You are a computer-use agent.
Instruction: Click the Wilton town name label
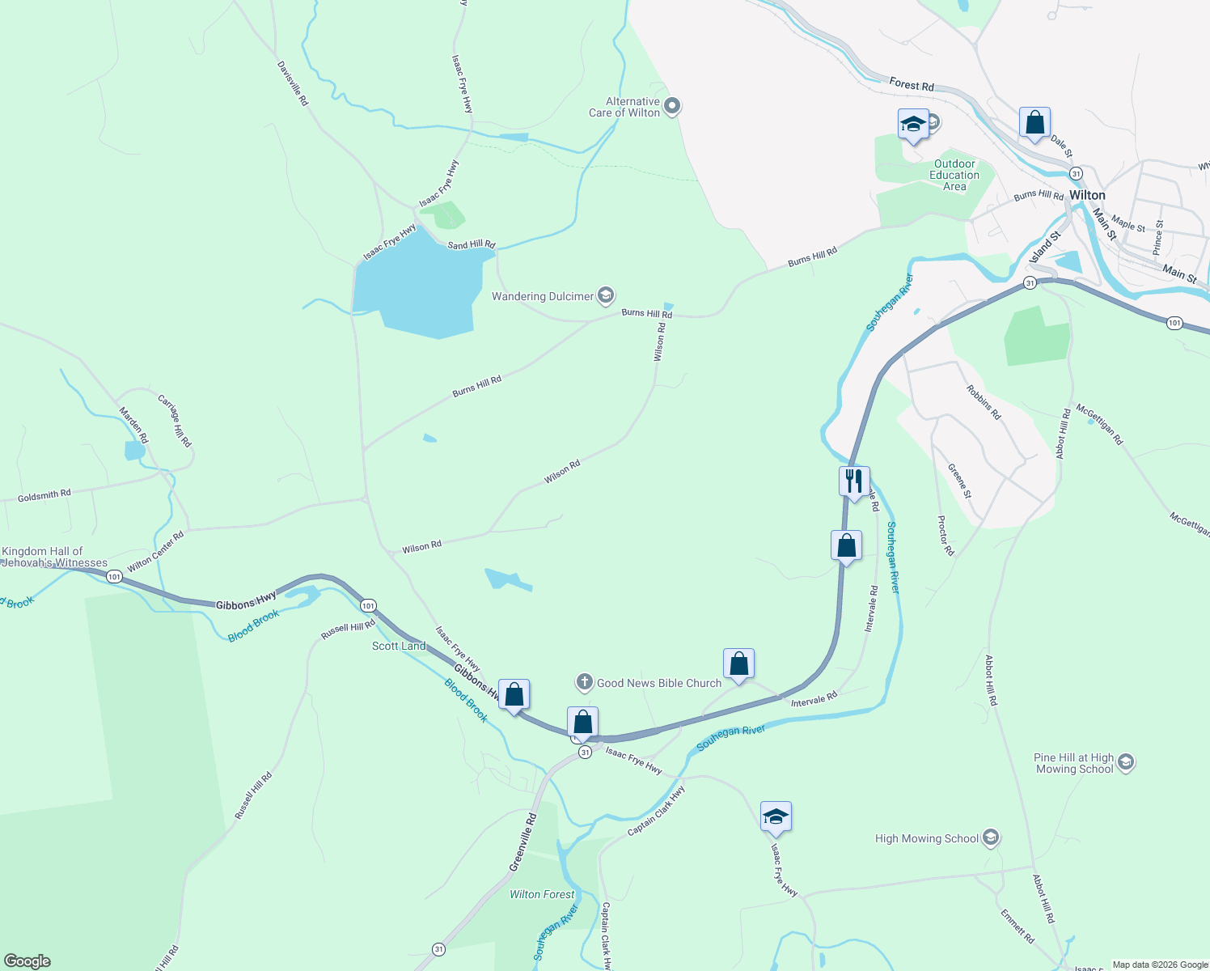click(x=1087, y=196)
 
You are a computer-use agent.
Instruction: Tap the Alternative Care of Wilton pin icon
click(x=672, y=107)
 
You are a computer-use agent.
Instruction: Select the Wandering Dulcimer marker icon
click(x=606, y=296)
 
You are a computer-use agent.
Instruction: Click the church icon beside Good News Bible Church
click(x=584, y=683)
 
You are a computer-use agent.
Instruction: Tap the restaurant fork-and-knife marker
click(x=854, y=481)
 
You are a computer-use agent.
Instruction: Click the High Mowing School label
click(x=927, y=839)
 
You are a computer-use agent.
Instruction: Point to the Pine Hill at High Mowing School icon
click(x=1125, y=762)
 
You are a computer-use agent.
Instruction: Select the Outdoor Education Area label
click(x=954, y=176)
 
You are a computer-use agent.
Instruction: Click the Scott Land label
click(x=399, y=646)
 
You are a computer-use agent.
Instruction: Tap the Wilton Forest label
click(x=542, y=894)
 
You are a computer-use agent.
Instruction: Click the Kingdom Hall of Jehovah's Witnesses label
click(x=54, y=558)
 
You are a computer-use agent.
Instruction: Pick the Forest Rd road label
click(x=912, y=85)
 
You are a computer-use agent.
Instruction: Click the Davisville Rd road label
click(x=293, y=83)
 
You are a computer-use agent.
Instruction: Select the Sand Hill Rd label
click(x=471, y=244)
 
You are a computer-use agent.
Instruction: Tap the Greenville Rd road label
click(x=522, y=842)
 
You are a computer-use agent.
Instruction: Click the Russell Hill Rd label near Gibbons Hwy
click(x=348, y=630)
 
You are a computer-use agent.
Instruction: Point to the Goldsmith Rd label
click(x=44, y=495)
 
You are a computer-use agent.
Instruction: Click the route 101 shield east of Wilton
click(x=1174, y=323)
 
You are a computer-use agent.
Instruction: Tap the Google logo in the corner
click(x=27, y=961)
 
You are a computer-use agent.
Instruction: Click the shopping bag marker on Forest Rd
click(x=1034, y=123)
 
